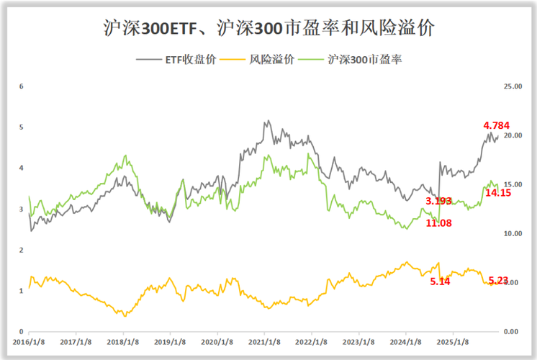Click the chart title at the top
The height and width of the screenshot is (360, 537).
tap(268, 30)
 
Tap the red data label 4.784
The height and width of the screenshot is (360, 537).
tap(496, 125)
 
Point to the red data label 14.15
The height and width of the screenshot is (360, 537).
tap(497, 193)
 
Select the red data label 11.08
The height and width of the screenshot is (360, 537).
tap(439, 223)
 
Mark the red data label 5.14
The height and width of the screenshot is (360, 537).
tap(440, 282)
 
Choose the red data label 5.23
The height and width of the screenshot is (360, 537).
tap(498, 281)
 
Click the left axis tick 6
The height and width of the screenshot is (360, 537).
tap(22, 86)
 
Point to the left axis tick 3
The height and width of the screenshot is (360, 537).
tap(22, 209)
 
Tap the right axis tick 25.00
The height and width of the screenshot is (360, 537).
tap(513, 86)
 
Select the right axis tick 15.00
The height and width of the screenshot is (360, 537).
tap(513, 184)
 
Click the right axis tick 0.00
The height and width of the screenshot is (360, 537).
tap(513, 331)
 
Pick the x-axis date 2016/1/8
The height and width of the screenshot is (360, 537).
tap(28, 343)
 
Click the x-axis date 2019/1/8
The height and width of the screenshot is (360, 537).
tap(170, 343)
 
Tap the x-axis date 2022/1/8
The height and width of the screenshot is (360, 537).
tap(312, 343)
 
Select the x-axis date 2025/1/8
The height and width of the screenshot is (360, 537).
tap(453, 343)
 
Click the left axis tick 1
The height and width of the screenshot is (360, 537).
tap(22, 291)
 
